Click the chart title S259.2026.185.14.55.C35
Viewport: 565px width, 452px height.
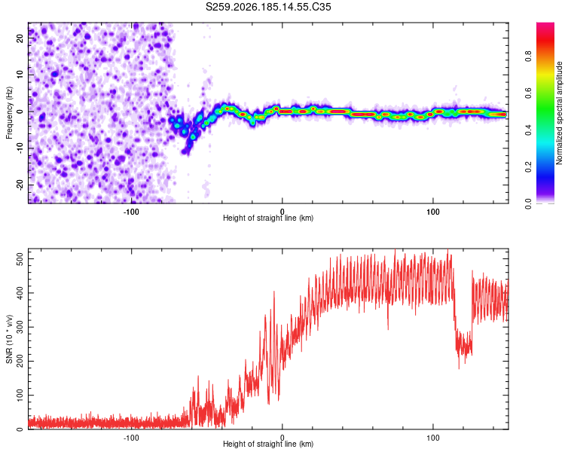(268, 7)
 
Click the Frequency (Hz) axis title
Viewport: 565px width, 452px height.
(9, 113)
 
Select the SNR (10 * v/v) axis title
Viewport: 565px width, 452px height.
(9, 339)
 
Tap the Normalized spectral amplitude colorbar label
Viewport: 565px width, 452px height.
(559, 113)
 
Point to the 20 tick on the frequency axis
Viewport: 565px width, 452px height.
(20, 38)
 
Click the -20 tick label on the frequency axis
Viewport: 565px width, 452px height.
(20, 185)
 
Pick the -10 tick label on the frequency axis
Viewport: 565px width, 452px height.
(20, 148)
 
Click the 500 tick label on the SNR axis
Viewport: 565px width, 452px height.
(20, 259)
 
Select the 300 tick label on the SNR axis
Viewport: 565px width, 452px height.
(20, 327)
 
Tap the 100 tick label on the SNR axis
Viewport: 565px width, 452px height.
(20, 395)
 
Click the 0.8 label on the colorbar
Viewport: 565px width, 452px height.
(528, 56)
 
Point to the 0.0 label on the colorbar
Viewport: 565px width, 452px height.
(528, 203)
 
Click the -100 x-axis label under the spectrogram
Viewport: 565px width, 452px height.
(131, 212)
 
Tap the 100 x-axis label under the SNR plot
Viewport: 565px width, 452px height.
(432, 438)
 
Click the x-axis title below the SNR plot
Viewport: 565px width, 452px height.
(268, 444)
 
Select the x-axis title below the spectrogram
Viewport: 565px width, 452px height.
(268, 218)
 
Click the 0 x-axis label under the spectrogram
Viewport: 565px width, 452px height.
(282, 212)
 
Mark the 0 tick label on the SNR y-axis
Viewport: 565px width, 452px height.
(20, 429)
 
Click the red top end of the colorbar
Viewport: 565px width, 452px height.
(545, 25)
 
